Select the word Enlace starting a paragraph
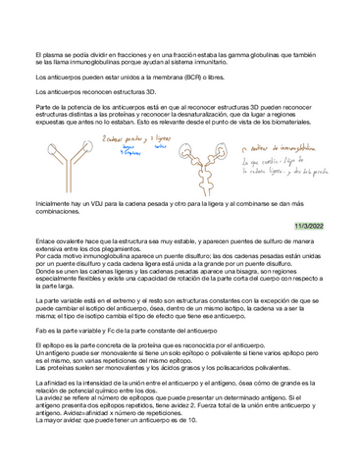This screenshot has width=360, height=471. coord(45,238)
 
